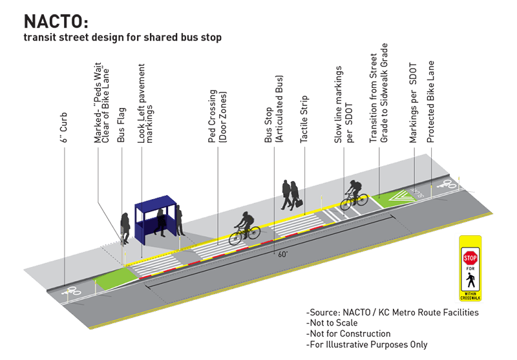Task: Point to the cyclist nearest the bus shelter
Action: pyautogui.click(x=244, y=226)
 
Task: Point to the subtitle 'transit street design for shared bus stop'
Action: pyautogui.click(x=123, y=37)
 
